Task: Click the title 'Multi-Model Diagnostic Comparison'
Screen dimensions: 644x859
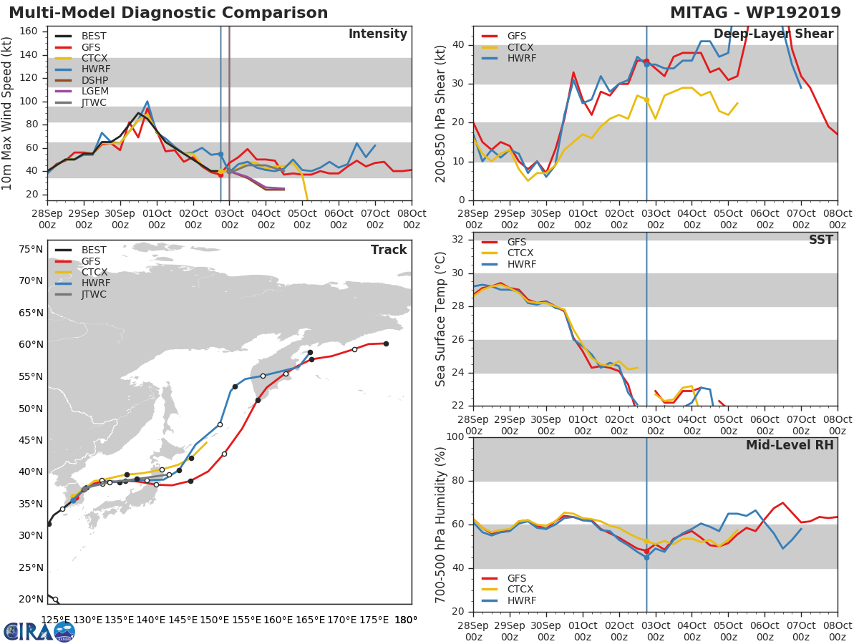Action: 168,13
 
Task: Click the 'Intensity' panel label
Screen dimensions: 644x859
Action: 377,34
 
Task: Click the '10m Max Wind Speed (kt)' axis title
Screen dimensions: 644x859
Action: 8,114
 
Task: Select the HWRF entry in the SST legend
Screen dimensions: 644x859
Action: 520,265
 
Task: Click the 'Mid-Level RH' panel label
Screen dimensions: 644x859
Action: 790,446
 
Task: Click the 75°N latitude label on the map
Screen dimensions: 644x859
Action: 31,250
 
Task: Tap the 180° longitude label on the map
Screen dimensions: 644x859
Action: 405,620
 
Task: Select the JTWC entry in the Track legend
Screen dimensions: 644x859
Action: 94,295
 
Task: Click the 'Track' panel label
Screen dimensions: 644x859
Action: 388,250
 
